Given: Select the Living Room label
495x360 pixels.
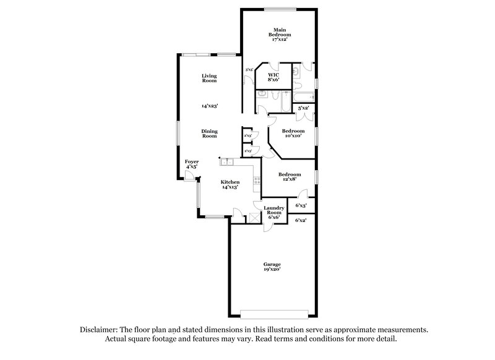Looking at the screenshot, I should click(209, 78).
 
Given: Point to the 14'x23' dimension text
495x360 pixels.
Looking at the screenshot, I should click(209, 106).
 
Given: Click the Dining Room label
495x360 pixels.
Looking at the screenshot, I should click(209, 133).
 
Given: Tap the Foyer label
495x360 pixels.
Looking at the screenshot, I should click(192, 164).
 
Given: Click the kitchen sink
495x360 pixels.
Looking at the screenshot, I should click(227, 162).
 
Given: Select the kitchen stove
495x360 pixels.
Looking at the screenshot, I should click(255, 180).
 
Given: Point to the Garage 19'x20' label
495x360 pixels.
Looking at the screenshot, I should click(272, 267).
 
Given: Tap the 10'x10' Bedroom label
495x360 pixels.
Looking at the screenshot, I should click(293, 133).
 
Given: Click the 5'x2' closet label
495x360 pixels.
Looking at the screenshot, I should click(303, 109).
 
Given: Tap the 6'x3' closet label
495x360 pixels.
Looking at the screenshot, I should click(302, 205).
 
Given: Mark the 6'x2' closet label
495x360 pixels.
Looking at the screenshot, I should click(302, 220).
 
